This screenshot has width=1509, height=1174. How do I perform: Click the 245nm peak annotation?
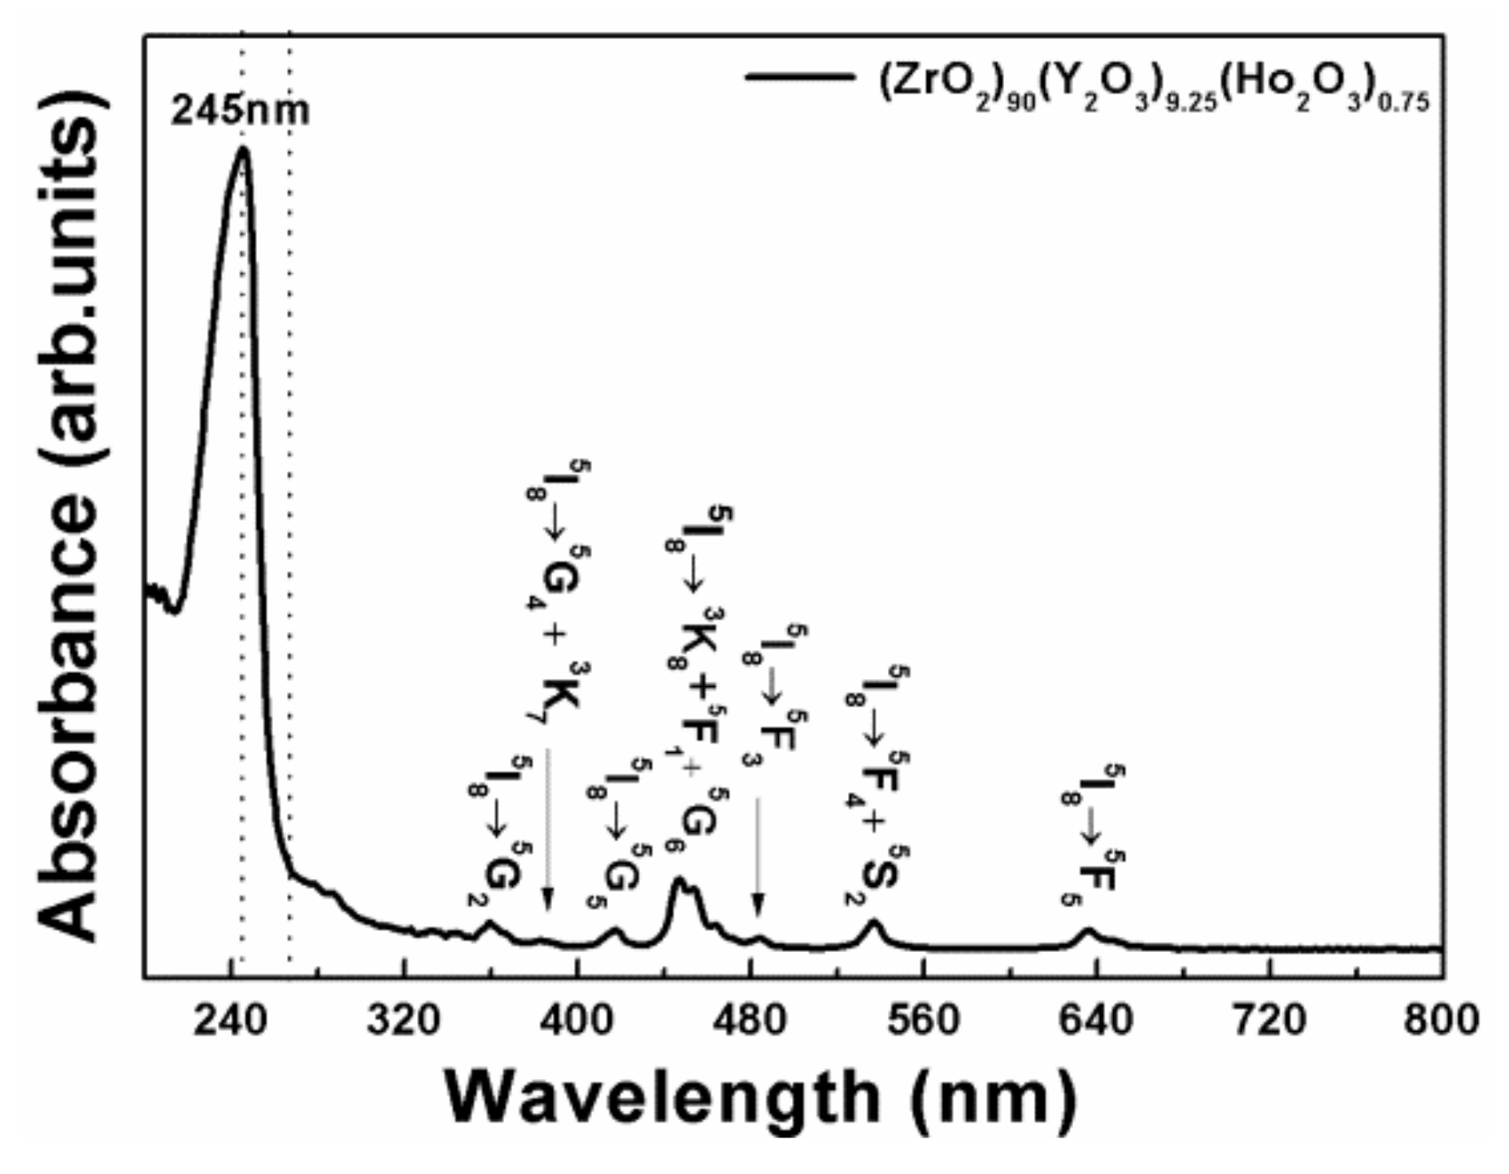pos(240,110)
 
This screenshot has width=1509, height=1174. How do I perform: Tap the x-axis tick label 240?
pos(231,1020)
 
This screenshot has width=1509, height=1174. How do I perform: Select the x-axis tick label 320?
pos(404,1020)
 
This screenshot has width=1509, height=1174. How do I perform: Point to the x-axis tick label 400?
pos(576,1020)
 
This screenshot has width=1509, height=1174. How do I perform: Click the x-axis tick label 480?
pos(751,1020)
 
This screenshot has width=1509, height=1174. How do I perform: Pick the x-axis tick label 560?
pos(924,1020)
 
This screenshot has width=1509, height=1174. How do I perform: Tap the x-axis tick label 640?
pos(1097,1020)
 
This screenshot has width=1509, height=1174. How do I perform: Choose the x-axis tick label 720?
pos(1270,1020)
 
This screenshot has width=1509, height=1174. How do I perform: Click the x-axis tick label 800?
pos(1442,1020)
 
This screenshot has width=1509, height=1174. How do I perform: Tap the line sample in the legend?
pos(798,76)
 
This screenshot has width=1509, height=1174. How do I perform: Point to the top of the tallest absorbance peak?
pos(242,149)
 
